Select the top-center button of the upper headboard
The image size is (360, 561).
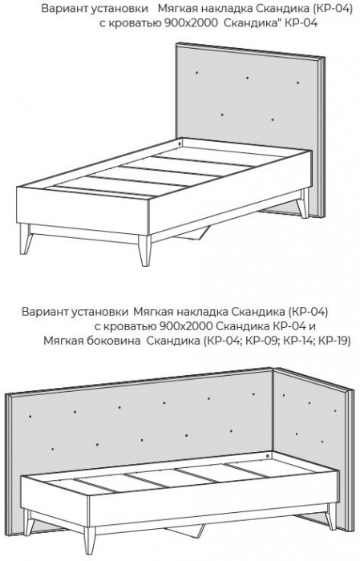(248, 77)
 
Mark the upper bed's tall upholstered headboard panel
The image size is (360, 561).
(249, 120)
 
